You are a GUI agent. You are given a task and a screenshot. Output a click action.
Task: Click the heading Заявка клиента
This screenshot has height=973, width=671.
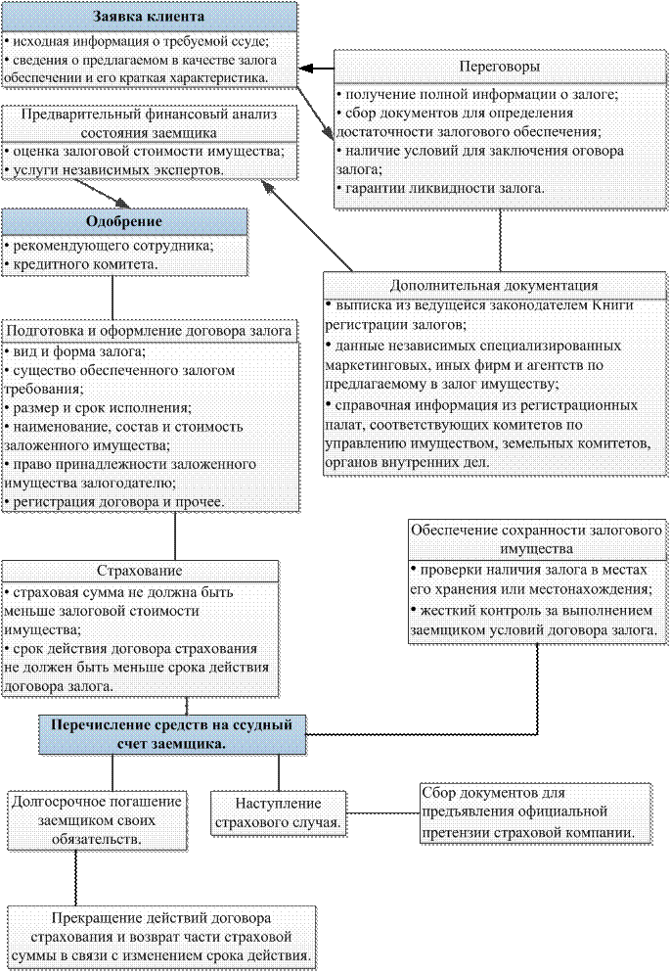(x=148, y=17)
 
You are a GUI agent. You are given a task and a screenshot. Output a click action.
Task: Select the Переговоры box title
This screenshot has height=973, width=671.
(x=500, y=67)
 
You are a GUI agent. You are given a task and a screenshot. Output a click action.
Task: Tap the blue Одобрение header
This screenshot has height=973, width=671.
(x=124, y=222)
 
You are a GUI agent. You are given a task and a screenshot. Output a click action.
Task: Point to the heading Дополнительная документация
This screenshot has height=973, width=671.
(x=494, y=285)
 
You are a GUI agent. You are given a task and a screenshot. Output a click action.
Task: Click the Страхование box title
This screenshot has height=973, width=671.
(x=139, y=571)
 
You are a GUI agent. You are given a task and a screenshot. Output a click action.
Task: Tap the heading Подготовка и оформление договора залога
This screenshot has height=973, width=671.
(x=150, y=331)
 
